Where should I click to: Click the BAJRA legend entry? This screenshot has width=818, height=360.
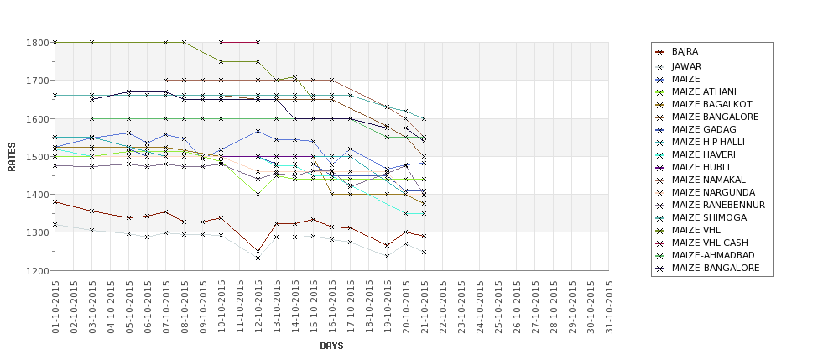[685, 52]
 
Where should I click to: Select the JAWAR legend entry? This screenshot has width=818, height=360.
[686, 66]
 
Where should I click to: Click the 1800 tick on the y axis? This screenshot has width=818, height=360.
[39, 42]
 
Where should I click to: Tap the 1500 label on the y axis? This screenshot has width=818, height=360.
[39, 156]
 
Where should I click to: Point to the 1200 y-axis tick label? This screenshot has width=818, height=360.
[39, 270]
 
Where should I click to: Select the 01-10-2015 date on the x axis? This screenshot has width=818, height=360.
[55, 306]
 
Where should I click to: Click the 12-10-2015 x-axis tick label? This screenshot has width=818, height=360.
[258, 306]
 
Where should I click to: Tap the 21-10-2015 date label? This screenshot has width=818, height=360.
[425, 306]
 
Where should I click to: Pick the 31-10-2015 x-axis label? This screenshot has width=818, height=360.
[609, 306]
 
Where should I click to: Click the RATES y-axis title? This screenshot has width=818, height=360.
[12, 156]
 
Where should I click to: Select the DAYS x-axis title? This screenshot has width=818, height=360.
[331, 346]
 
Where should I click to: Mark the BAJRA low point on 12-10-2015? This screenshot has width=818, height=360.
[258, 251]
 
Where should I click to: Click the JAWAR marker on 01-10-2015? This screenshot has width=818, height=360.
[55, 224]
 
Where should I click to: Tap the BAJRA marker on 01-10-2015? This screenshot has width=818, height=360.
[55, 201]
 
